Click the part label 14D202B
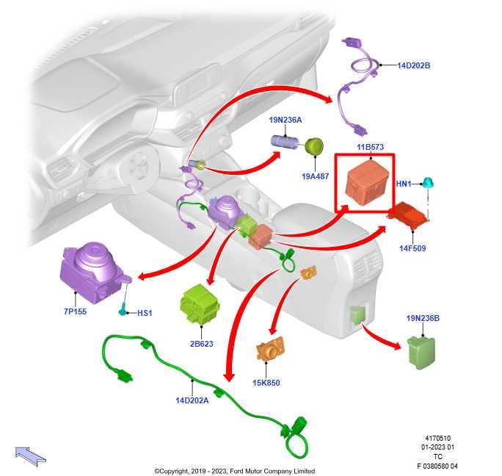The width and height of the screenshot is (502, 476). tap(413, 65)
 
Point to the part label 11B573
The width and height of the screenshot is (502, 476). tap(370, 148)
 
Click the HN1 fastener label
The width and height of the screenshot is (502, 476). tap(404, 183)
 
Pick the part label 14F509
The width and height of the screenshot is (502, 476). tap(413, 248)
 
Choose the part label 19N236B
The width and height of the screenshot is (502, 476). tap(423, 318)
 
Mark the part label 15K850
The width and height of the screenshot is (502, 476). tap(266, 382)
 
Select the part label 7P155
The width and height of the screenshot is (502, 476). tap(74, 311)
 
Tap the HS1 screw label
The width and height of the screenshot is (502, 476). tap(145, 313)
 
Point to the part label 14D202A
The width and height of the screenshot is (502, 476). tap(192, 400)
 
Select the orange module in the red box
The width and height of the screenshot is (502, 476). tap(365, 179)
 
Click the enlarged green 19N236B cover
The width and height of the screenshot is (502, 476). tap(420, 351)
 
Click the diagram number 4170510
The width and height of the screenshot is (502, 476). tap(438, 437)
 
